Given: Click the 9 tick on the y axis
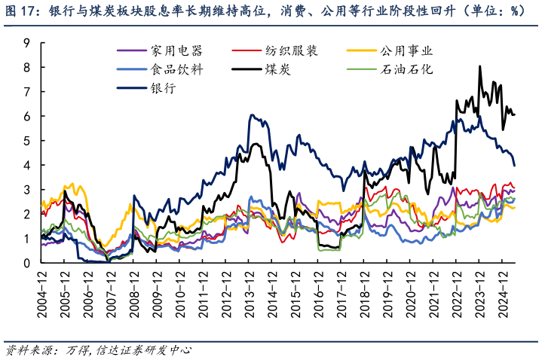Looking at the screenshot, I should pyautogui.click(x=26, y=43).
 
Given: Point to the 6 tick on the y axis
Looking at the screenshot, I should pyautogui.click(x=26, y=117).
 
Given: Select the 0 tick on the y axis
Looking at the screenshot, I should pyautogui.click(x=26, y=264).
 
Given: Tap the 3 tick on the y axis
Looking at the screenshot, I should pyautogui.click(x=26, y=190).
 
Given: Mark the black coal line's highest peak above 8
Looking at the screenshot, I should pyautogui.click(x=480, y=66).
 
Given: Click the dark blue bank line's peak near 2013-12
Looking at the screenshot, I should pyautogui.click(x=251, y=115).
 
